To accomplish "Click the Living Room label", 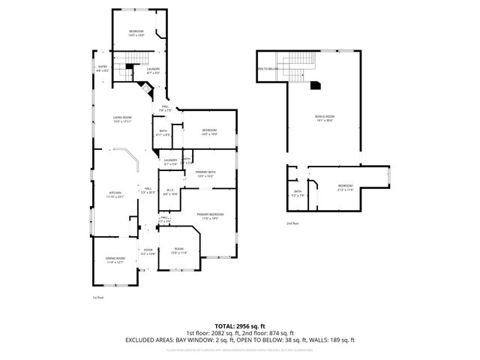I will tap(122, 117).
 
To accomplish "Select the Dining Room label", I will tap(115, 259).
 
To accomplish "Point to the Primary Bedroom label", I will tap(211, 214).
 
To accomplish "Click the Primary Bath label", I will tap(205, 173).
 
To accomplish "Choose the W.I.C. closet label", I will tap(170, 190).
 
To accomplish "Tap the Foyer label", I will tap(148, 250).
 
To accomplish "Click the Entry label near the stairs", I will tap(103, 67).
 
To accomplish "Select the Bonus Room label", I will tap(324, 116).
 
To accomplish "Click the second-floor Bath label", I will tap(298, 192).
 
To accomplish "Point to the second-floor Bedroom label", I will tap(345, 185).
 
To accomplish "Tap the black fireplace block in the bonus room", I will tap(316, 85).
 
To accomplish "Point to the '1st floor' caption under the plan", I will tap(97, 297).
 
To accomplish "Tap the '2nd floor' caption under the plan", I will tap(292, 223).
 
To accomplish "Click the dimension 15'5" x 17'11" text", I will tap(122, 121).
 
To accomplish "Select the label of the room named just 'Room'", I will tap(178, 249).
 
